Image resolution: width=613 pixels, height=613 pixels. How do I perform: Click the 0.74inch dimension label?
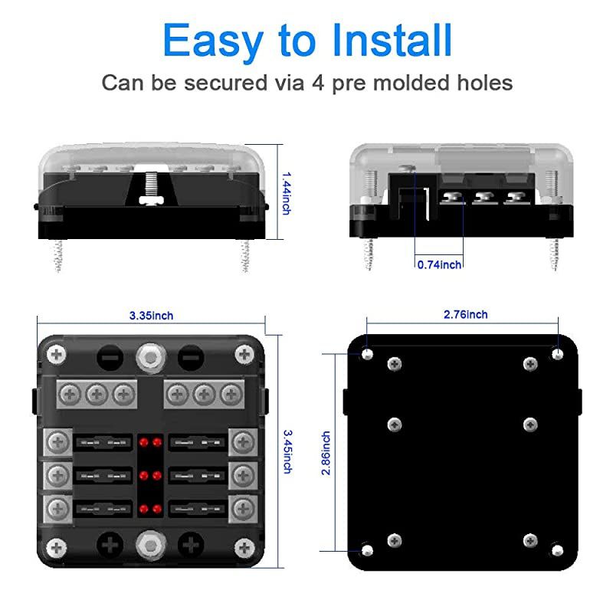[x=439, y=264]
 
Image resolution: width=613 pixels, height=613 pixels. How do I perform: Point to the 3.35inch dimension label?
[x=151, y=316]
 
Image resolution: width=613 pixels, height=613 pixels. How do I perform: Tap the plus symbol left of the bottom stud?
[x=110, y=546]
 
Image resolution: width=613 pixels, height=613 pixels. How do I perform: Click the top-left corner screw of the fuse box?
[x=57, y=354]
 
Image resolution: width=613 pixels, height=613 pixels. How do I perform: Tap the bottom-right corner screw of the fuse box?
[x=244, y=547]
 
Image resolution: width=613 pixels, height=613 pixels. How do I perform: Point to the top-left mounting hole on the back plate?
[x=368, y=354]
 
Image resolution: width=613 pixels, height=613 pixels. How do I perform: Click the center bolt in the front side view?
[x=150, y=185]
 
